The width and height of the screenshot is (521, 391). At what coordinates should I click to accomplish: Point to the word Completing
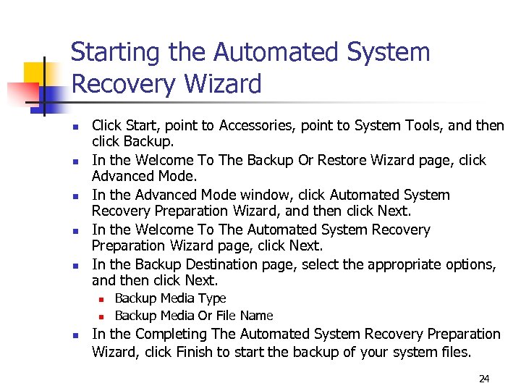click(x=172, y=334)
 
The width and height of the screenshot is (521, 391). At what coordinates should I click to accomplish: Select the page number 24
click(x=483, y=379)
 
